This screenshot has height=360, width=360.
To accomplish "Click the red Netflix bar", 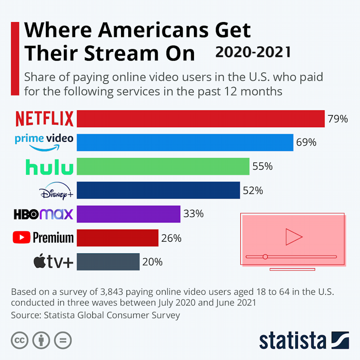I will pos(200,119).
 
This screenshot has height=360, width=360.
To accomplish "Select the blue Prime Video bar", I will pos(185,143).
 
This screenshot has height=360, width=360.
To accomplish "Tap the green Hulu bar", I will pos(163,166).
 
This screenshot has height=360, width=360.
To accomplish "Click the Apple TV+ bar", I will pos(108,262).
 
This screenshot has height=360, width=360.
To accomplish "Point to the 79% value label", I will pos(338,119).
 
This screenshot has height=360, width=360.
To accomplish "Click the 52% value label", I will pos(252,191).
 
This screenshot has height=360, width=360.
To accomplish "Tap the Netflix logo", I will pos(45,119).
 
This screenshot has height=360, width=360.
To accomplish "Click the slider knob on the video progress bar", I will pos(265,256).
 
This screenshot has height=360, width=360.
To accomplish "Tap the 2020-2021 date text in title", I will pos(253,52).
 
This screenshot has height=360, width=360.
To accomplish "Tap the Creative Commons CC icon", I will pos(20,341).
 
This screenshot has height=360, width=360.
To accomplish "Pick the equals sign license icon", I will pos(63,341).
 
